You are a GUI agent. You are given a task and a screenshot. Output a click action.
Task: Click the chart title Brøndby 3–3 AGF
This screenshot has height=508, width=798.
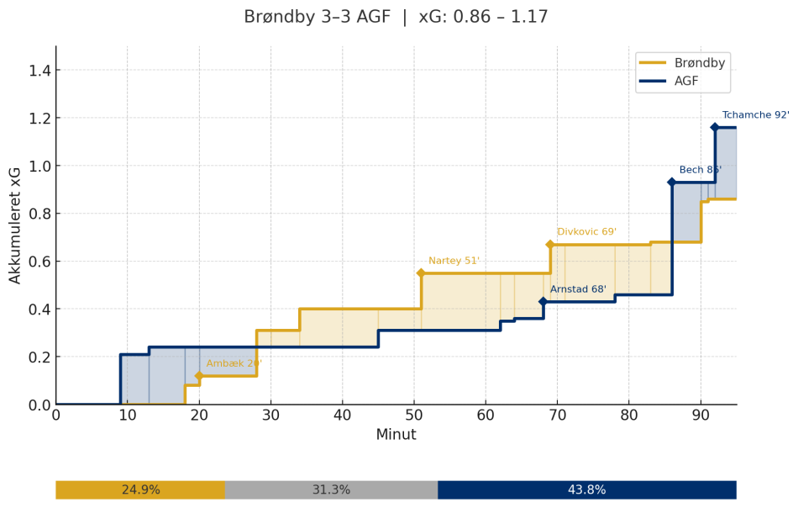click(395, 17)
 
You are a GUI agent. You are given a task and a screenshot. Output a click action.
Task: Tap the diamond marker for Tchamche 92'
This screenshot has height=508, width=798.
click(715, 128)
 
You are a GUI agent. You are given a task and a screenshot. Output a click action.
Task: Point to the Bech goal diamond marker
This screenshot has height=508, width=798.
click(672, 183)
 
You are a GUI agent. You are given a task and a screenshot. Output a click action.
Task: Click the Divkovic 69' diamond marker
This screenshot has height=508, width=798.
click(550, 245)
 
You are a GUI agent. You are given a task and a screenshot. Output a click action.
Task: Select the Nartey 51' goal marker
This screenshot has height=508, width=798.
click(421, 273)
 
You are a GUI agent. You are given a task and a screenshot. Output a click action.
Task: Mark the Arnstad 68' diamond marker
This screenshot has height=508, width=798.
click(543, 302)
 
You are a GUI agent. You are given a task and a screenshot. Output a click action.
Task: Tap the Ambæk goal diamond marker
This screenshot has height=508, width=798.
click(199, 376)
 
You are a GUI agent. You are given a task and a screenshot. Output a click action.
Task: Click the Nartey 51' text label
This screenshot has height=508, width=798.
click(454, 261)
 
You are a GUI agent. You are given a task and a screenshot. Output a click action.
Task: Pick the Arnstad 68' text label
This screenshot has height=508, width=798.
click(578, 289)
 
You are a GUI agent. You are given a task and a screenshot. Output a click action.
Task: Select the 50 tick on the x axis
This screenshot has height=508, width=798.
click(414, 415)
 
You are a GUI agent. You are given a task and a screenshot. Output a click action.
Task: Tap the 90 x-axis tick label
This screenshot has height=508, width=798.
click(701, 415)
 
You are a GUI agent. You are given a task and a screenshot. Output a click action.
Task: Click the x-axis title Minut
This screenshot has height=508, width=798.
click(396, 435)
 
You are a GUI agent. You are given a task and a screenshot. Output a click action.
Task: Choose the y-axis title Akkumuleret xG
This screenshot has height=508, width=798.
click(15, 225)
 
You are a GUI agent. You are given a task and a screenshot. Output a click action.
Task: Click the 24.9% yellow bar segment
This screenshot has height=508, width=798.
click(140, 489)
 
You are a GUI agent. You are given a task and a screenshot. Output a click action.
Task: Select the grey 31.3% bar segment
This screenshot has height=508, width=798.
click(331, 489)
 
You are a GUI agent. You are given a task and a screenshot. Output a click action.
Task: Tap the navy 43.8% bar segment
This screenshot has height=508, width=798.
click(586, 489)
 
